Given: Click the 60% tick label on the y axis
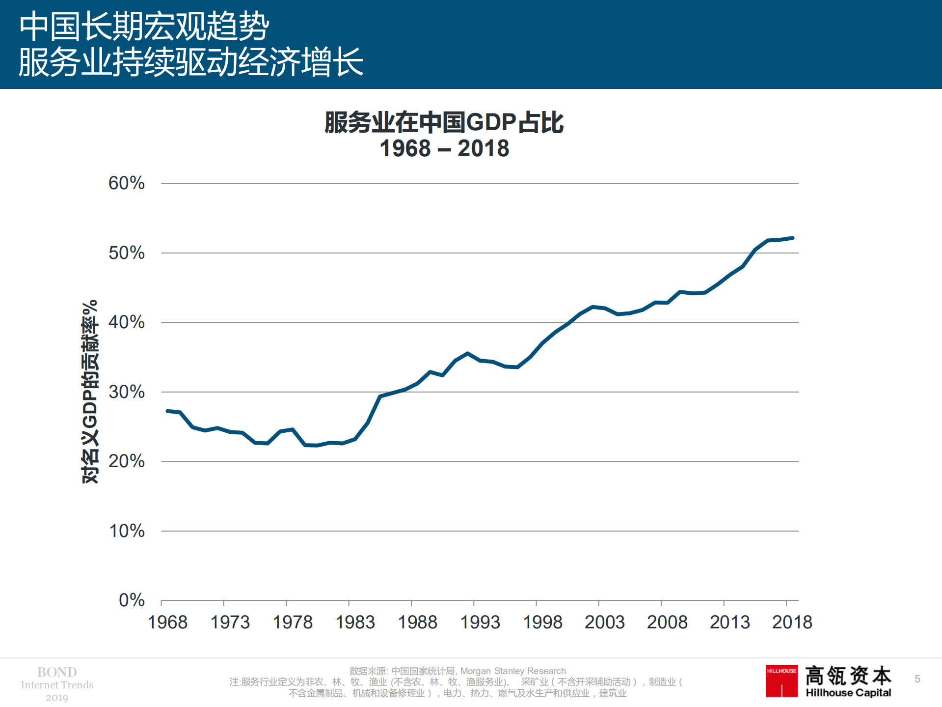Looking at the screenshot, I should [x=126, y=183].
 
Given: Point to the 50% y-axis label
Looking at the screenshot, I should [x=126, y=253].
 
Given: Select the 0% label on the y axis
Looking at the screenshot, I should [x=132, y=600].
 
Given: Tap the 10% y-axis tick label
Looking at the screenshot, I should [x=126, y=531].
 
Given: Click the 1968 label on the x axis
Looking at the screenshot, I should [x=167, y=622].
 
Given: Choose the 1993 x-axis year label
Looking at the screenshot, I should [x=480, y=622].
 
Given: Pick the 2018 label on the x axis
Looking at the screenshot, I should [x=792, y=622].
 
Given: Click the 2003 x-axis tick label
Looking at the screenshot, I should [x=604, y=622].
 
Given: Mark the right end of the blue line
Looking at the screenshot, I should [x=792, y=238].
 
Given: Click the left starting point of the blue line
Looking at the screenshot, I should [x=167, y=411].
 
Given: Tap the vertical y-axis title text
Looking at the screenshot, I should [x=90, y=392].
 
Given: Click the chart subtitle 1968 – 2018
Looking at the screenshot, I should [x=444, y=148].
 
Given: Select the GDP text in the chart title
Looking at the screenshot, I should [x=491, y=122].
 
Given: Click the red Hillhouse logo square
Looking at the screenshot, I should [x=781, y=681].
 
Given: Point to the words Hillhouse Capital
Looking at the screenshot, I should [x=848, y=693].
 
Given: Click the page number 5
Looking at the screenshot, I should [x=917, y=679].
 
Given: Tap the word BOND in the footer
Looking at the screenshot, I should [x=57, y=672].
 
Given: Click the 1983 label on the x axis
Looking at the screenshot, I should [x=355, y=622].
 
